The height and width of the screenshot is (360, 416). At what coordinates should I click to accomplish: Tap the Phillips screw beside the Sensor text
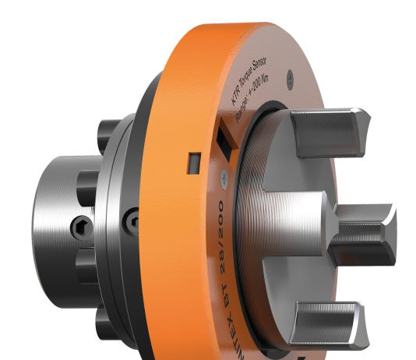coord(291,76)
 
